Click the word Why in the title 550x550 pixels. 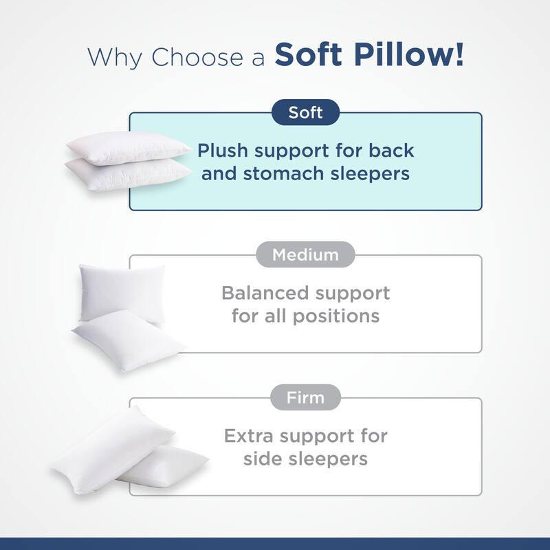point(116,56)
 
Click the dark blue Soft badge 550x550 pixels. point(306,112)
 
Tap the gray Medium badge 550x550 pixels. point(306,255)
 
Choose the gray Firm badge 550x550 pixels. point(306,397)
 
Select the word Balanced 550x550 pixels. point(265,293)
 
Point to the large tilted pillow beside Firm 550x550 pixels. point(110,447)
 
